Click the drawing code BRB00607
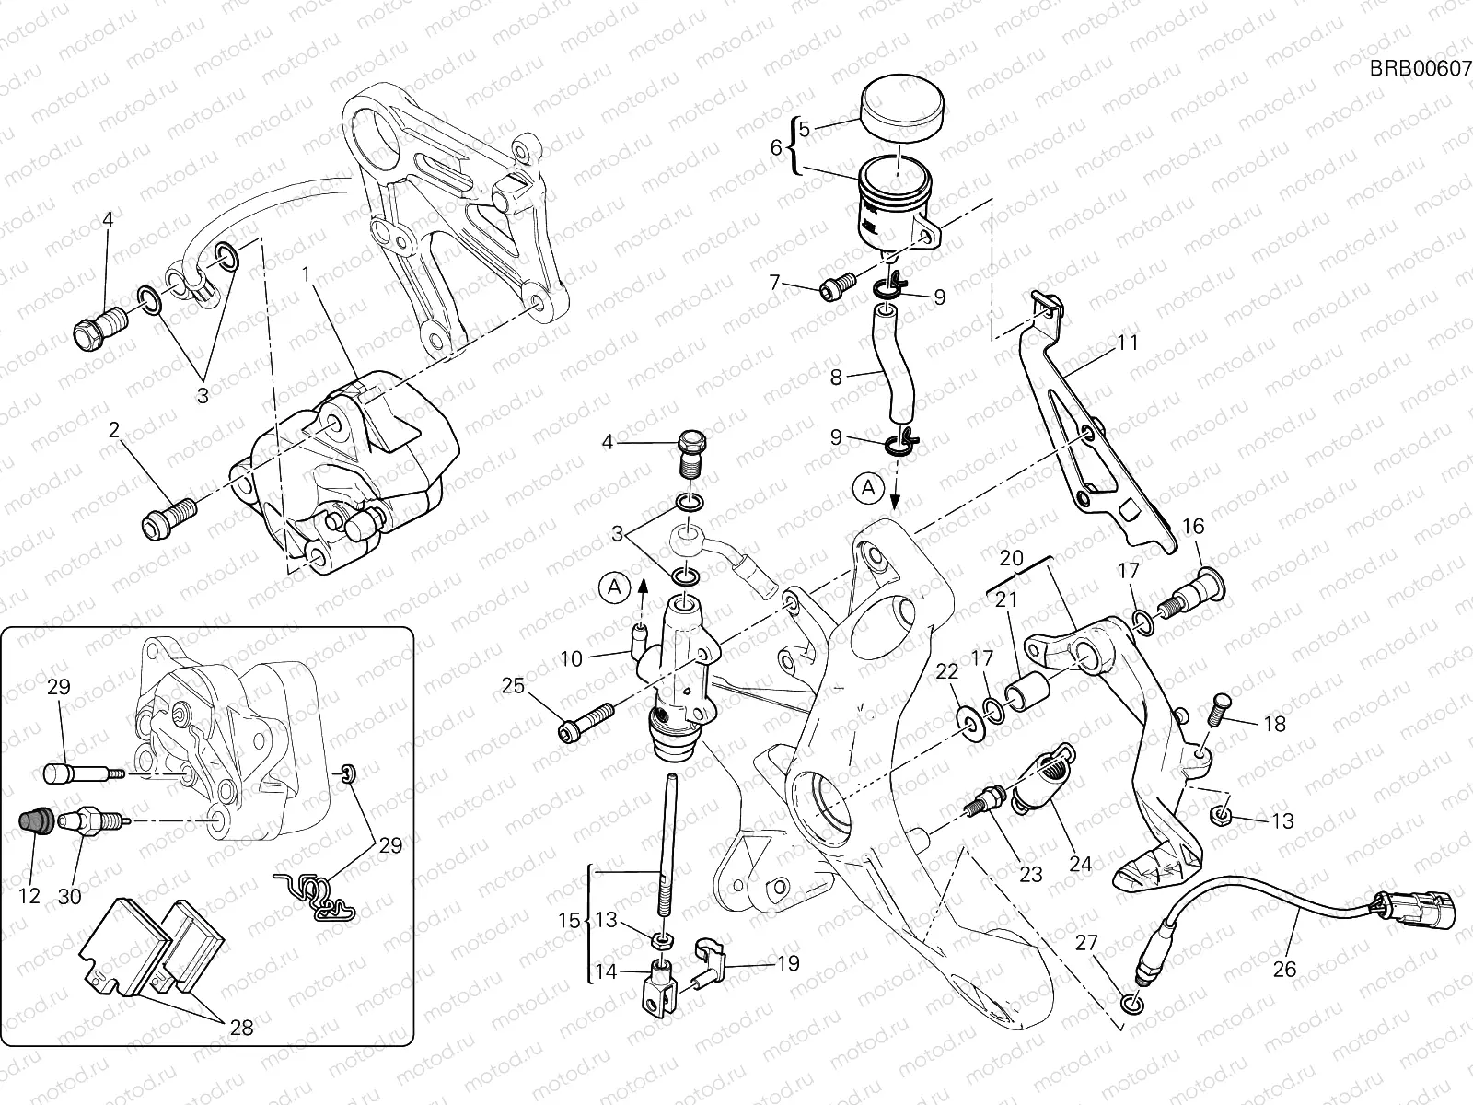1420,68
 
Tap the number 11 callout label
1128,343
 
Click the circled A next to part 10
616,585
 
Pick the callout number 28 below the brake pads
241,1027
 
